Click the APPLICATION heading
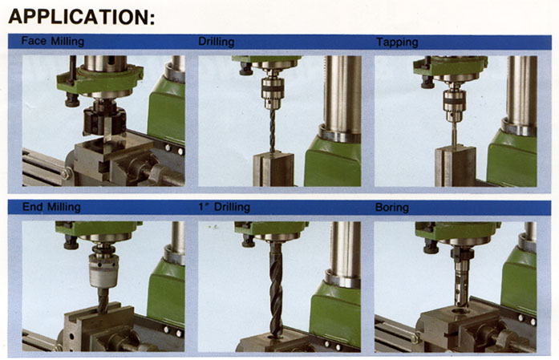tap(82, 17)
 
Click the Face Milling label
tap(53, 41)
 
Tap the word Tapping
tap(397, 42)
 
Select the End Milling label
tap(51, 207)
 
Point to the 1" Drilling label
tap(225, 207)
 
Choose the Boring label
tap(392, 208)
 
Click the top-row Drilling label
tap(216, 42)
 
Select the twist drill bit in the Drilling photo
tap(273, 131)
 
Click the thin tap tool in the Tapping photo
tap(454, 132)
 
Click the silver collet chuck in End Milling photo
tap(103, 270)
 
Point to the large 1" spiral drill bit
tap(275, 289)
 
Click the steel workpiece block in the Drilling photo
tap(273, 168)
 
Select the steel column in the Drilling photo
tap(342, 97)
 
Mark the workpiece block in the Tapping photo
tap(456, 165)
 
